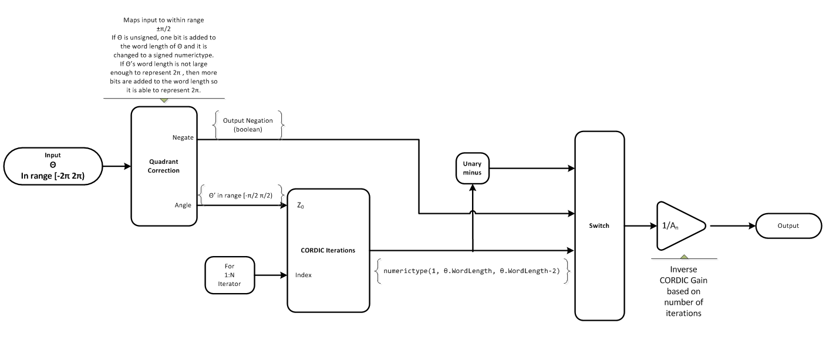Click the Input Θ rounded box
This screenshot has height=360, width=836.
pyautogui.click(x=53, y=166)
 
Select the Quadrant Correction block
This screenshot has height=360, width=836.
pyautogui.click(x=163, y=166)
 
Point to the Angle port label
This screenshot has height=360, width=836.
pyautogui.click(x=183, y=206)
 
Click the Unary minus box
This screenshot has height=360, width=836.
pyautogui.click(x=472, y=168)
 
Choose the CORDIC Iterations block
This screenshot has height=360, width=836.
pyautogui.click(x=328, y=250)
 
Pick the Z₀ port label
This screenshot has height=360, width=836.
pyautogui.click(x=301, y=206)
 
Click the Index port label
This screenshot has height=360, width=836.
pyautogui.click(x=304, y=274)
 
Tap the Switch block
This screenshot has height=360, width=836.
pyautogui.click(x=599, y=226)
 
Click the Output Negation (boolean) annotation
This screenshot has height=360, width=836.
pyautogui.click(x=248, y=125)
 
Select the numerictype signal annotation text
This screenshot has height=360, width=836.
pyautogui.click(x=471, y=271)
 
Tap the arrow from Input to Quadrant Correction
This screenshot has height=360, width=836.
pyautogui.click(x=116, y=166)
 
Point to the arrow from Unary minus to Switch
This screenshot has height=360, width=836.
pyautogui.click(x=531, y=169)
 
